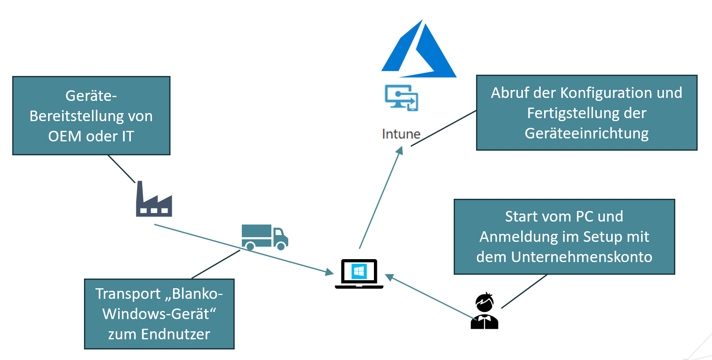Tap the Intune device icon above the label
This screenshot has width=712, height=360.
click(401, 98)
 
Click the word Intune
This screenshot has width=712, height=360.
click(401, 134)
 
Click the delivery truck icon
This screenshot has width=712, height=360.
click(265, 237)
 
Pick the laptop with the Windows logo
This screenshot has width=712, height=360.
click(359, 274)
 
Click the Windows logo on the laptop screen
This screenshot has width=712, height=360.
click(359, 271)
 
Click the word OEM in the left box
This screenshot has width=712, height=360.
click(65, 136)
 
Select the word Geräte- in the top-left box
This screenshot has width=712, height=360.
click(91, 96)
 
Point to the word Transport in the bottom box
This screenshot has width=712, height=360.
click(128, 294)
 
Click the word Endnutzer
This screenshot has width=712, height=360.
click(176, 334)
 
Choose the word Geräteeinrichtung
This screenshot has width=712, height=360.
click(586, 133)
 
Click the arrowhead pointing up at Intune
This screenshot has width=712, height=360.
click(400, 151)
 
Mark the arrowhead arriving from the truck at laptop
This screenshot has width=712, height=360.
click(330, 272)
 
